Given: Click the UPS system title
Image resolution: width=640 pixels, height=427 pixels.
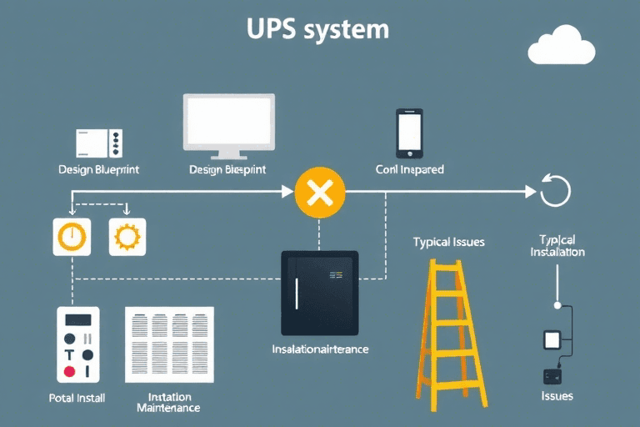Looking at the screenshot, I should pos(317,29).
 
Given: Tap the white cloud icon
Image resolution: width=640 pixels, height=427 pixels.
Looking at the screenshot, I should pos(562,47).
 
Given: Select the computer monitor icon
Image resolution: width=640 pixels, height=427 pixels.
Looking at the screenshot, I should pos(228,126).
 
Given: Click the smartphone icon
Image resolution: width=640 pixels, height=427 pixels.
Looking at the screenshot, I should pos(409,132).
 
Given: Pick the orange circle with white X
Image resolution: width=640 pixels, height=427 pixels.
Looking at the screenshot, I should pos(319,193).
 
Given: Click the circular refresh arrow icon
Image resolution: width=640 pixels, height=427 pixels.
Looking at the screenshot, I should pos(555,191).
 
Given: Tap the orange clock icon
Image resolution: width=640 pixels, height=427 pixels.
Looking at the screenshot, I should pos(72,237).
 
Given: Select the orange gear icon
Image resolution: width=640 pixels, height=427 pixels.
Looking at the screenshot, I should pos(127,237).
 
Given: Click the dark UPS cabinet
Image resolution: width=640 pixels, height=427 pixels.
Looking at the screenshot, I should pos(319,293).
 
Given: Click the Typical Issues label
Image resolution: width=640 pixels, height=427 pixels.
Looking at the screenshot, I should pos(448,243).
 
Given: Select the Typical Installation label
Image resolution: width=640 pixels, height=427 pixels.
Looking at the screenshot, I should pos(557,245).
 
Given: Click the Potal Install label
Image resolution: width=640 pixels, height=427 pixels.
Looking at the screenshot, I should pos(77,398).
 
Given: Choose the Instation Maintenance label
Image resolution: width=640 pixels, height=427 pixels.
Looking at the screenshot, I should pos(168,403).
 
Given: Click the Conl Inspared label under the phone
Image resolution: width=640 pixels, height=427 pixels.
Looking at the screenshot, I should pos(409,169).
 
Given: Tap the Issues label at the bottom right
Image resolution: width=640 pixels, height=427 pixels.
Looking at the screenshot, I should pos(556,395).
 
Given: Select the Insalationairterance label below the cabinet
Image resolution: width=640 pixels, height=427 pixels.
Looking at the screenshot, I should pos(320,349).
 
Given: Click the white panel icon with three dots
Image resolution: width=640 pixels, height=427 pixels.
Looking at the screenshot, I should pos(99,143).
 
